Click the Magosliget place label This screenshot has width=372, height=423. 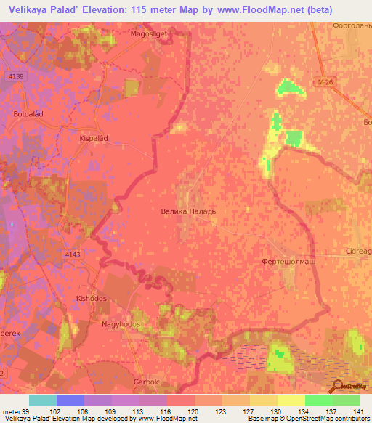(150, 33)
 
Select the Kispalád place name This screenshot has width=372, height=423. (93, 137)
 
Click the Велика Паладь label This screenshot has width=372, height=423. (188, 211)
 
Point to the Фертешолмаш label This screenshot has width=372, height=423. (288, 259)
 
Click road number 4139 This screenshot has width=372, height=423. (17, 76)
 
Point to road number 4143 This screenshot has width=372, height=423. (73, 254)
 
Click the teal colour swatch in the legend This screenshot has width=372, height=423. (43, 400)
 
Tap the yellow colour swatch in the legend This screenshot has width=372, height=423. (291, 400)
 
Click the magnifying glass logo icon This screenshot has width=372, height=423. (336, 387)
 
